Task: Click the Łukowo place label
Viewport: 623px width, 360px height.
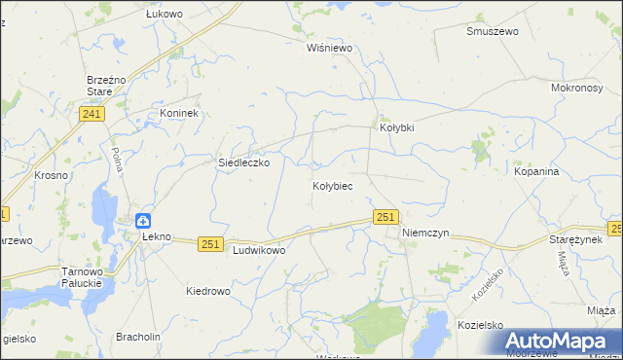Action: pos(165,15)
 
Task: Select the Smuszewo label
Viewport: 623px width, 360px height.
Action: pos(491,31)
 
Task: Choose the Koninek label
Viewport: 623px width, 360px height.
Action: pos(178,113)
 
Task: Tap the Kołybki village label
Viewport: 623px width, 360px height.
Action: pos(396,127)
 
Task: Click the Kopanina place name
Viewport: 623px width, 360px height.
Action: pos(536,171)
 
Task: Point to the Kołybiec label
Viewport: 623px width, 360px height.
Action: pos(332,185)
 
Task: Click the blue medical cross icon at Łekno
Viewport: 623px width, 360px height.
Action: pos(143,222)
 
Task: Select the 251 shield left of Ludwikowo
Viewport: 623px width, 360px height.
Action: pos(211,244)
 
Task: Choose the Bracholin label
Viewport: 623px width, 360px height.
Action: pos(138,337)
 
